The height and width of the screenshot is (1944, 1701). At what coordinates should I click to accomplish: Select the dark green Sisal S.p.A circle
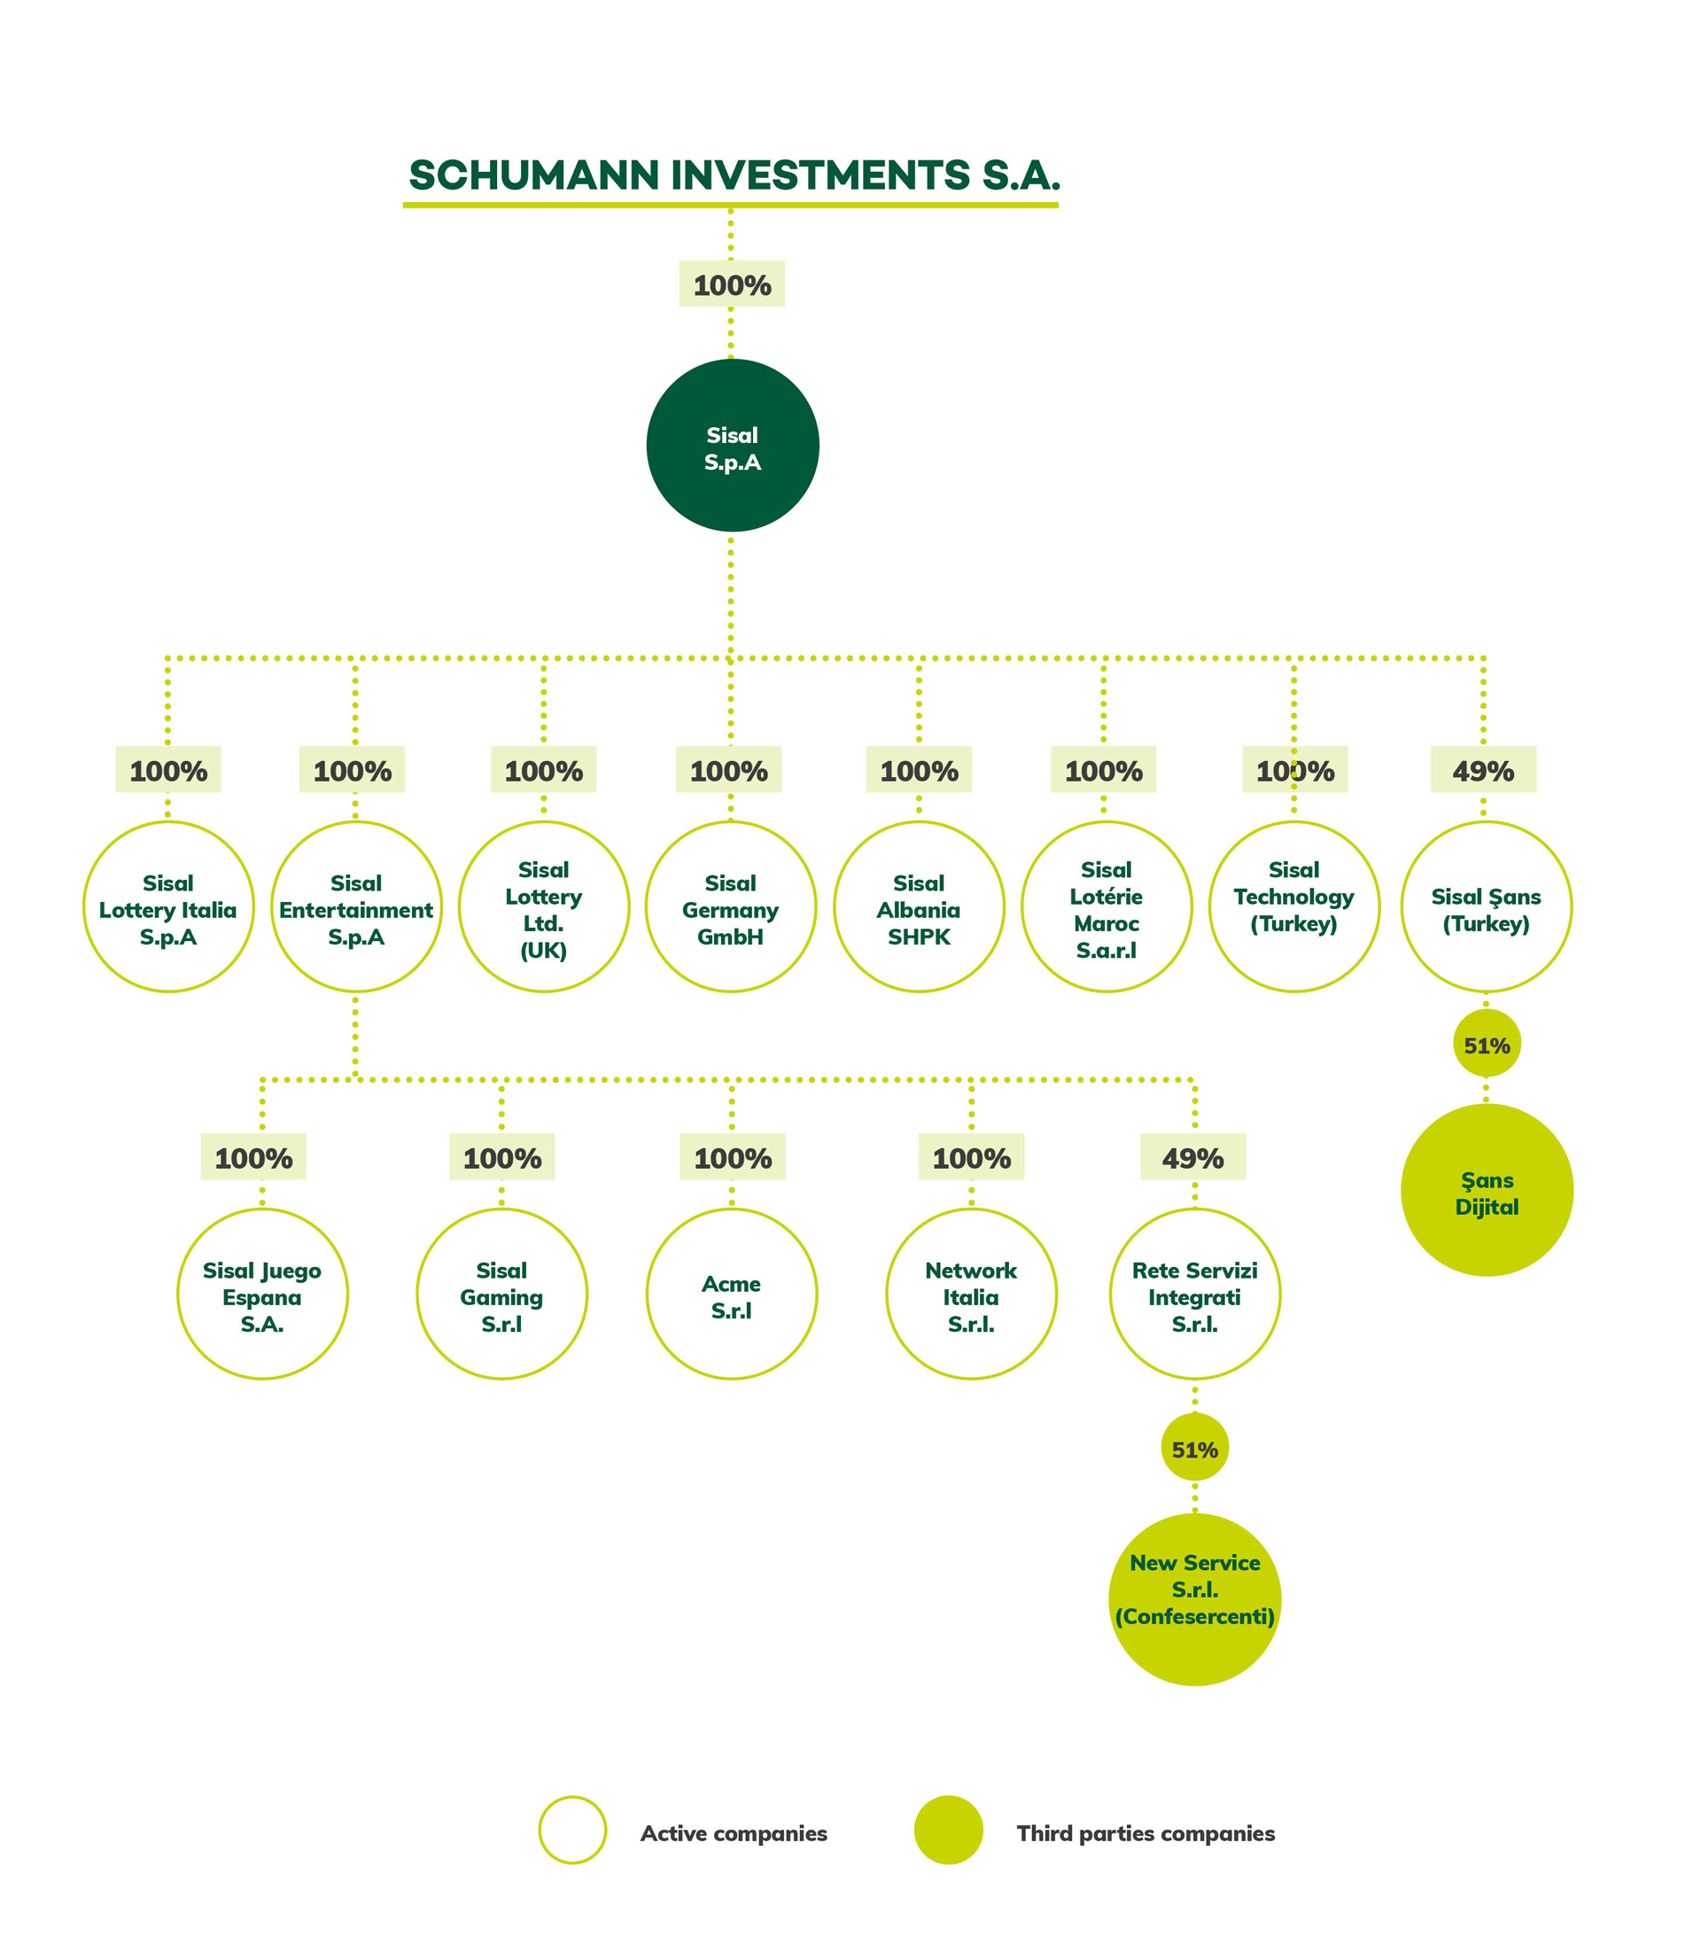pyautogui.click(x=733, y=445)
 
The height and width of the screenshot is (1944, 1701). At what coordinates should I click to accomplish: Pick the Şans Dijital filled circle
pyautogui.click(x=1487, y=1189)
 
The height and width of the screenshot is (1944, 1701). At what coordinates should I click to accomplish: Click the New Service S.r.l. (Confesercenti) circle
pyautogui.click(x=1195, y=1599)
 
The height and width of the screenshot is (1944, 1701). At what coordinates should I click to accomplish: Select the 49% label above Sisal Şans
pyautogui.click(x=1484, y=770)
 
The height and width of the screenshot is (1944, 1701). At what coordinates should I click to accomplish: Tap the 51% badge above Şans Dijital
pyautogui.click(x=1487, y=1045)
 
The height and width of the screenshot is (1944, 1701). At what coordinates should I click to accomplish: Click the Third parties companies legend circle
pyautogui.click(x=948, y=1830)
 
